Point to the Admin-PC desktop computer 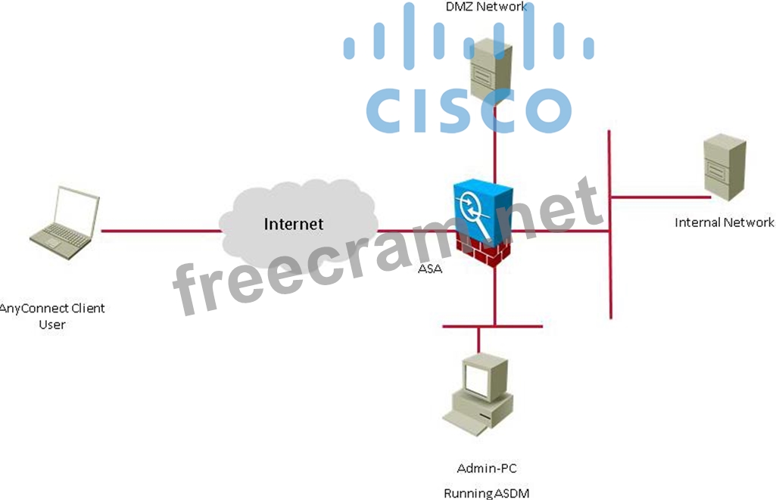(x=477, y=393)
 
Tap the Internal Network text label (x=725, y=222)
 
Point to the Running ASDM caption (x=486, y=493)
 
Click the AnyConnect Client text (x=53, y=309)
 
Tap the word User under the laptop (x=52, y=325)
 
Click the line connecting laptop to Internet (x=159, y=231)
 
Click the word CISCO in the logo (x=469, y=110)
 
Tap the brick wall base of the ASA (x=485, y=250)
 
